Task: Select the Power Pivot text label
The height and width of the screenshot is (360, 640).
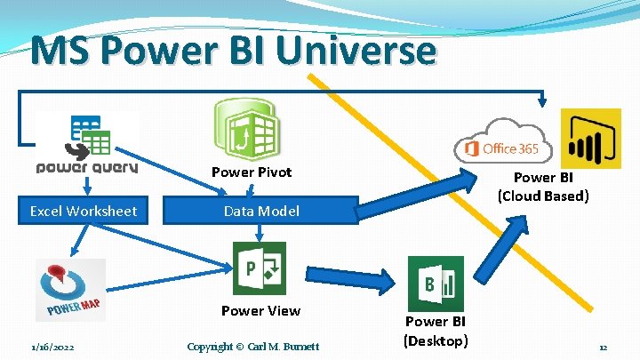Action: click(251, 172)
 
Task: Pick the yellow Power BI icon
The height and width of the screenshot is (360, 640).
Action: click(590, 139)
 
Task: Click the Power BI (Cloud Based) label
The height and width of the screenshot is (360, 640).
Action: click(542, 187)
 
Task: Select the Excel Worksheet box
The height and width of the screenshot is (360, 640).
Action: click(83, 211)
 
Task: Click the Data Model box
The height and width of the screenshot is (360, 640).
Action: click(261, 211)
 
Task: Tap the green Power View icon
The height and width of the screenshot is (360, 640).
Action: click(259, 268)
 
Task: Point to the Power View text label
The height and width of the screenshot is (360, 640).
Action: click(260, 310)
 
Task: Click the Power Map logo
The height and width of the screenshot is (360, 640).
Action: click(71, 290)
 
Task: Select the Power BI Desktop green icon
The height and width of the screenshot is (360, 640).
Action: click(435, 283)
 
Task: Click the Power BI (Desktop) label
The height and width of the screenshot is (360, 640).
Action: click(435, 331)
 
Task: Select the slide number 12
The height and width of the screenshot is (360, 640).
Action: click(602, 347)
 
